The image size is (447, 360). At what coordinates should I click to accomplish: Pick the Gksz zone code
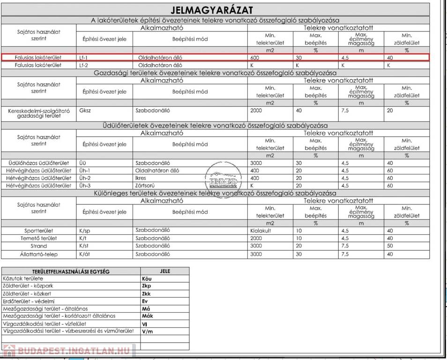(85, 112)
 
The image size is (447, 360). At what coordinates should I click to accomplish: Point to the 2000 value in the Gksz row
(257, 112)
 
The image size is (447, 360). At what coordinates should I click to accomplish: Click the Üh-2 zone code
(85, 178)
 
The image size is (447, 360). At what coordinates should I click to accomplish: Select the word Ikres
(142, 178)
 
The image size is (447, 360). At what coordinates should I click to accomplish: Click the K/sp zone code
(84, 231)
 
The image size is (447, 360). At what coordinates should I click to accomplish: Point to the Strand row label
(38, 246)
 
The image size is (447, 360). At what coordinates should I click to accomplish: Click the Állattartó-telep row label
(38, 254)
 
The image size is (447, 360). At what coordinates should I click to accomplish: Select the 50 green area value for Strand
(390, 246)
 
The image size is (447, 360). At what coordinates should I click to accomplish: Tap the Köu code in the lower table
(147, 278)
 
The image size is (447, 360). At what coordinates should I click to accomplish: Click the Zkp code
(147, 286)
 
